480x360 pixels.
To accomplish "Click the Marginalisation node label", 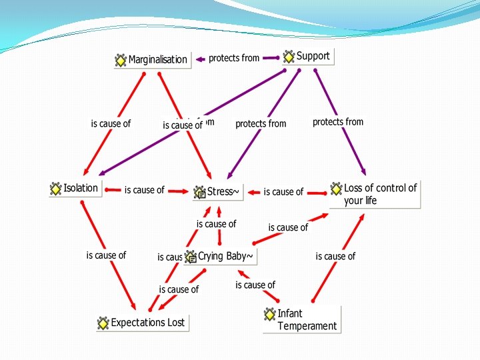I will coord(158,60).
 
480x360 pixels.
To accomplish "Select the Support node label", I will coord(313,56).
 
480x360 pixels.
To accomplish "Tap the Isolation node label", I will coord(81,188).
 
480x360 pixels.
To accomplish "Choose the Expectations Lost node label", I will coord(147,323).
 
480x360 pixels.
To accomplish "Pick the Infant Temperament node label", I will coord(307,319).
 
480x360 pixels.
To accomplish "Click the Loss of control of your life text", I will coord(380,194).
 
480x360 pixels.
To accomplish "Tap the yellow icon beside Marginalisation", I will coord(121,60).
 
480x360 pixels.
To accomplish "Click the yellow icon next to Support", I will coord(289,57).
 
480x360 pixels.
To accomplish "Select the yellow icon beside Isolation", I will coord(55,189).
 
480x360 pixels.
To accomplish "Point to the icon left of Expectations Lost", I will coord(103,323).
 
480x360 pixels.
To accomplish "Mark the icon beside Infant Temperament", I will coord(269,314).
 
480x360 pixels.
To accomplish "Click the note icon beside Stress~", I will coord(199,193).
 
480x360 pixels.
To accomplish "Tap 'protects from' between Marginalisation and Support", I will coord(234,58).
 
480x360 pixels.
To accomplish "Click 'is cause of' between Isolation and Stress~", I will coord(144,190).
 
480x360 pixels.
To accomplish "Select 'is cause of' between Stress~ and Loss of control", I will coord(283,192).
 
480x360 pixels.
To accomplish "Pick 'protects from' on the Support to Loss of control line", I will coord(338,122).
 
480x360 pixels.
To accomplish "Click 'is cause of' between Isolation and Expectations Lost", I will coord(106,255).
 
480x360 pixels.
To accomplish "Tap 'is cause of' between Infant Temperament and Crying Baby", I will coord(255,285).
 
